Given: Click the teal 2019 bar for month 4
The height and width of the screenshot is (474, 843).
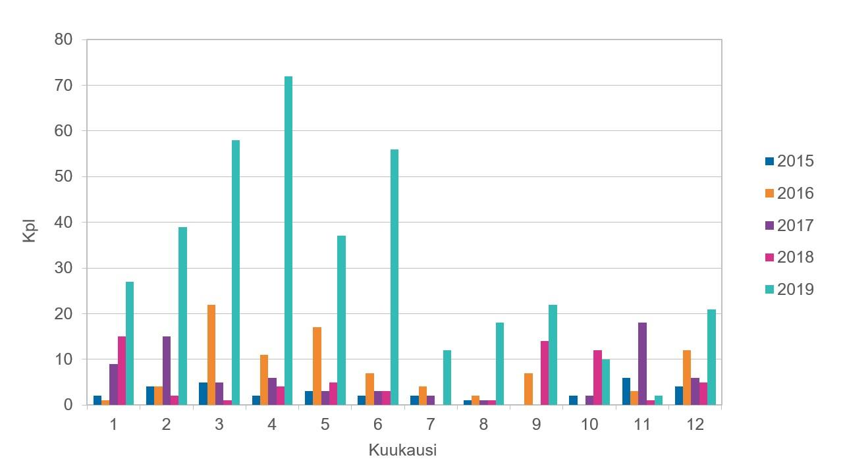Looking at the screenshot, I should coord(288,240).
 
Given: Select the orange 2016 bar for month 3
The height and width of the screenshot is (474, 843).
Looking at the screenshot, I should coord(211,355).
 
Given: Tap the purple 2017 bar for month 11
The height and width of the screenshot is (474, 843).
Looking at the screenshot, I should coord(642,363).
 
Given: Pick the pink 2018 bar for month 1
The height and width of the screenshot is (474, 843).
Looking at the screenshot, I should coord(122,371).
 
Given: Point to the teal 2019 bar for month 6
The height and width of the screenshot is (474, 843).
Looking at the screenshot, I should coord(394,277).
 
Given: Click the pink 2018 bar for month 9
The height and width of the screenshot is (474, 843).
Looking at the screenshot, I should coord(545,373).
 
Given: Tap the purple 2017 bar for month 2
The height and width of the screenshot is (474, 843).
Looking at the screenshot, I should coord(167,371).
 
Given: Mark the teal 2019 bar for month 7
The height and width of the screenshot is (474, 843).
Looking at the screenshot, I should coord(447,377).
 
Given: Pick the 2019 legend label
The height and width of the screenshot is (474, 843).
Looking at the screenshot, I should coord(795,289).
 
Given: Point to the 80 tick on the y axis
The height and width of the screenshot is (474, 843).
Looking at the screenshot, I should coord(63,39).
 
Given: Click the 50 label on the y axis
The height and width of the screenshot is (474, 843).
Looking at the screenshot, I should coord(63,176).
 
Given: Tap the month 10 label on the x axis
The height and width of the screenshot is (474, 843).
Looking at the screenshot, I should coord(589,425).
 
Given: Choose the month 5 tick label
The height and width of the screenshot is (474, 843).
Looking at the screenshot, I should coord(325,425).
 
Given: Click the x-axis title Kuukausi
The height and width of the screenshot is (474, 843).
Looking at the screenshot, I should coord(402,450).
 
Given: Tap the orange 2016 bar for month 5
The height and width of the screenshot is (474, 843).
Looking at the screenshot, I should coord(317,366).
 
